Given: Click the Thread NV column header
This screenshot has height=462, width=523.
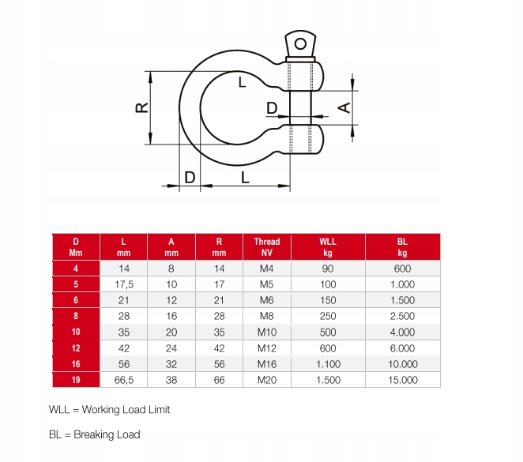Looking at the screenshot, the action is (x=267, y=247).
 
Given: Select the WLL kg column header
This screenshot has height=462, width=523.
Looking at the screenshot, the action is (x=328, y=247).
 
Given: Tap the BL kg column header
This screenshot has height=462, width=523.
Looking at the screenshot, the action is (x=403, y=247).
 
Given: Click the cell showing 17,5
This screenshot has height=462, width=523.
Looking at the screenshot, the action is (x=124, y=284).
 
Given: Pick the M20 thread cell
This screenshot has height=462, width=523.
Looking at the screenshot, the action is (x=267, y=380).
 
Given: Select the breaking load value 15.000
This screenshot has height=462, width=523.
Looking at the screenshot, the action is (x=403, y=380).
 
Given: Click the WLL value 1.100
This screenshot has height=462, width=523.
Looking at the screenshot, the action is (x=328, y=364).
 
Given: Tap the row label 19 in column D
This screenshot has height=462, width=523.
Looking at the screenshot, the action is (x=76, y=380).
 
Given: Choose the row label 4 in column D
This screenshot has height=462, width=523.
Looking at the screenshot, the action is (x=76, y=269).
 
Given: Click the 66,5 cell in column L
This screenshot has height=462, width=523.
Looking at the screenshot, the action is (x=124, y=380).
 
